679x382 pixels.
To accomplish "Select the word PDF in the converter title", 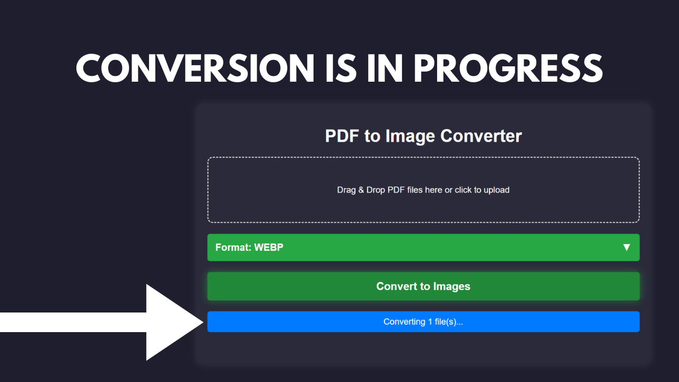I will click(x=342, y=136).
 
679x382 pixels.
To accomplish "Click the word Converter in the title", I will click(x=481, y=136).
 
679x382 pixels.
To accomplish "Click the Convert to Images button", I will click(x=423, y=286).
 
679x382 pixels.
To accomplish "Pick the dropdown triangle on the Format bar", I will click(x=626, y=247).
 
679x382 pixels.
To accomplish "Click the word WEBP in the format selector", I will click(x=268, y=247).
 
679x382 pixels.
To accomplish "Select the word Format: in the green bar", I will click(x=233, y=247).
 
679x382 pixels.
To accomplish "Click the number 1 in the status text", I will click(x=430, y=322).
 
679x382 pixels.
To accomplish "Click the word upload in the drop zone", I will click(x=497, y=190).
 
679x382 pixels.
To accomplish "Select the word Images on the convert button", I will click(x=451, y=286).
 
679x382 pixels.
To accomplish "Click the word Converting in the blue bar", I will click(x=404, y=322).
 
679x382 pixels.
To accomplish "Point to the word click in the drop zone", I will click(x=463, y=190).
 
